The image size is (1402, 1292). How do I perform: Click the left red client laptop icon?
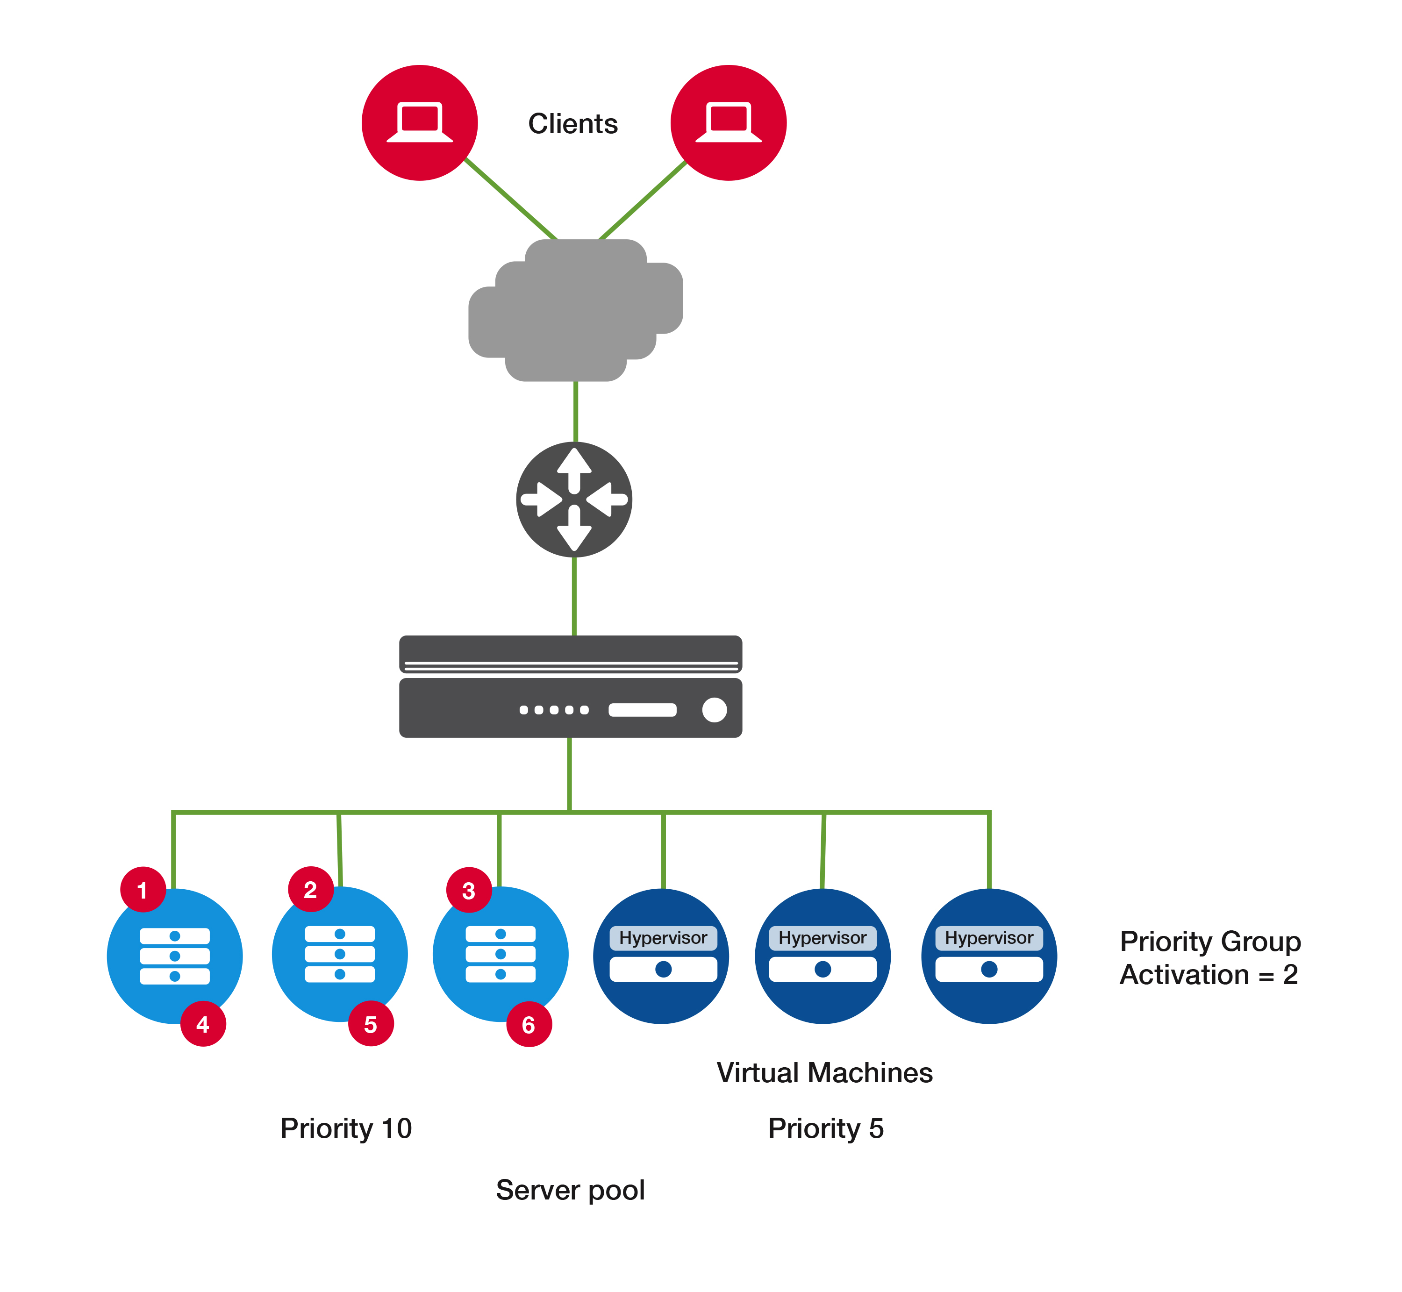tap(420, 123)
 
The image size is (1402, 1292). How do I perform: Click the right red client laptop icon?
tap(728, 123)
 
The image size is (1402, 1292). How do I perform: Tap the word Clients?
tap(572, 124)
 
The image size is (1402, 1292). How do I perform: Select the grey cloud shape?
tap(575, 310)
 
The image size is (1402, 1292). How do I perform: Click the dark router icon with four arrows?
tap(574, 499)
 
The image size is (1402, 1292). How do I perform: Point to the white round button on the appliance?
tap(714, 710)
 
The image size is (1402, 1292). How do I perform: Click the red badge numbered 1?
tap(143, 890)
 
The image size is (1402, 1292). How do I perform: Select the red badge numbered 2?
tap(310, 889)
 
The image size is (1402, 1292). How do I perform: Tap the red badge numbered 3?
tap(468, 890)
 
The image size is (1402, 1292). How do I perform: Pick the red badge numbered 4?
tap(203, 1024)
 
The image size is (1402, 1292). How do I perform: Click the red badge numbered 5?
tap(371, 1024)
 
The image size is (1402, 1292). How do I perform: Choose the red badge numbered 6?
tap(529, 1025)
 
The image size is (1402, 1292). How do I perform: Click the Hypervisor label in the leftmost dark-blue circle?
tap(663, 937)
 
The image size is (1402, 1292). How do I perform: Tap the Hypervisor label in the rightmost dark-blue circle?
tap(989, 937)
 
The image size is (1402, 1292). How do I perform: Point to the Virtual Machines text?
tap(824, 1072)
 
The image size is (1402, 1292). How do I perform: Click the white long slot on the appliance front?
tap(642, 710)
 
